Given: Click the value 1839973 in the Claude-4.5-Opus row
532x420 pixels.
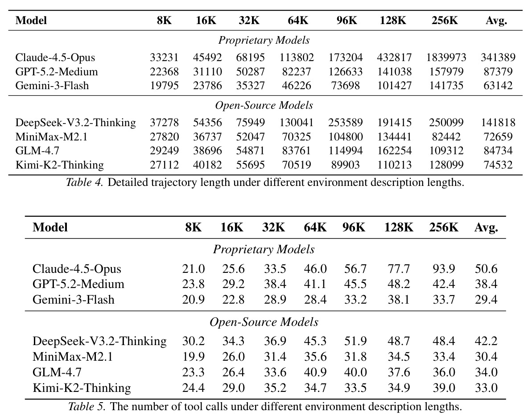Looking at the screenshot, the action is (x=446, y=58).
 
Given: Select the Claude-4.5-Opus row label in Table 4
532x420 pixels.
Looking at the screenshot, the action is (x=55, y=58).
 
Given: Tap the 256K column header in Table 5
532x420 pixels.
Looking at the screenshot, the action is (x=443, y=227).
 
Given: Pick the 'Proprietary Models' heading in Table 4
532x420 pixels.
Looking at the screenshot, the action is (x=264, y=41).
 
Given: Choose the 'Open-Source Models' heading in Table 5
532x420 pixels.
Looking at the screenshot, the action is (x=264, y=322).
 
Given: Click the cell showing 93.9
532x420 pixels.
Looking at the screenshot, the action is (x=444, y=269).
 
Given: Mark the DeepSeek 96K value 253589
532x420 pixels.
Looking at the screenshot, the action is (x=346, y=123).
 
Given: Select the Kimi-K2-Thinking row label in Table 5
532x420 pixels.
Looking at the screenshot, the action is (x=82, y=388).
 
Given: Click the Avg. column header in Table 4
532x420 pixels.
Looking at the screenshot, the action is (x=496, y=21).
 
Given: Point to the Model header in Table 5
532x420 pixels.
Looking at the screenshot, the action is (x=50, y=227).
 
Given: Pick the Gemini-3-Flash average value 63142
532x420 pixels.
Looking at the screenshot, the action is (x=498, y=86).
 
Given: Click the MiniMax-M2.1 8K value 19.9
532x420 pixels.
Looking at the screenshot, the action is (x=194, y=357).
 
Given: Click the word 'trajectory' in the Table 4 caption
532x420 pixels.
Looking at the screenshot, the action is (x=174, y=183).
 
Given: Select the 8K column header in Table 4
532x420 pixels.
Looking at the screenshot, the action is (x=164, y=21).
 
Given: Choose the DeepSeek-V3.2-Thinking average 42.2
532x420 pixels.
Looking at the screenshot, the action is (x=486, y=341).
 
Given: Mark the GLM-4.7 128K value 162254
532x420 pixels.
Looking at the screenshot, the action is (x=394, y=151).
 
